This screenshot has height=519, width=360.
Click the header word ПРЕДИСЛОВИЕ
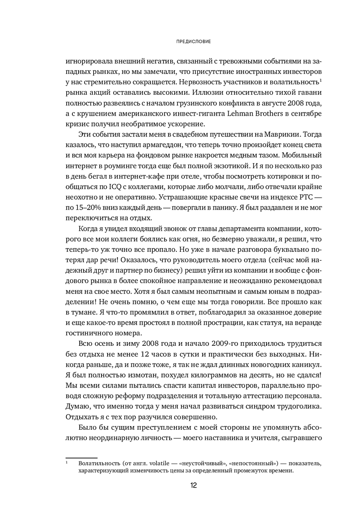point(194,42)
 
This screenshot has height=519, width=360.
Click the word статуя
point(267,322)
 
